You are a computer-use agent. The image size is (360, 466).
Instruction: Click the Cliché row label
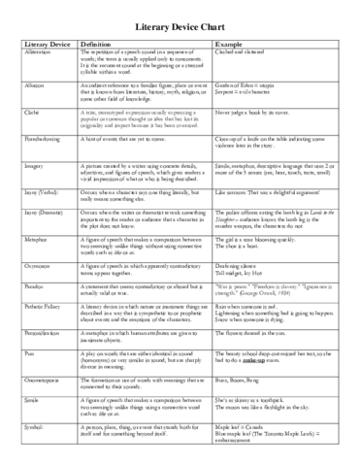28,113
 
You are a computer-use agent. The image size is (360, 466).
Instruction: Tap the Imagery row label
30,167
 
